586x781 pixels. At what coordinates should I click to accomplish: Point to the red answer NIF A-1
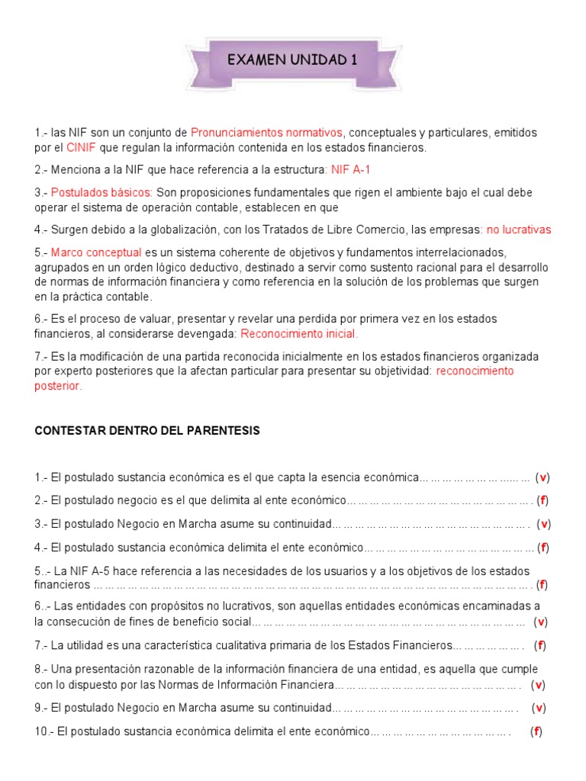point(351,169)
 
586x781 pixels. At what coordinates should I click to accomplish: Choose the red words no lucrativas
point(519,229)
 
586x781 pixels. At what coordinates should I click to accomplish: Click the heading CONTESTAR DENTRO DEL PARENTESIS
point(147,431)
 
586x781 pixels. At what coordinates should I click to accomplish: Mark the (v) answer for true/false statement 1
point(543,477)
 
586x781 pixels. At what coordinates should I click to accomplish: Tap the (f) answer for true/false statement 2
point(543,500)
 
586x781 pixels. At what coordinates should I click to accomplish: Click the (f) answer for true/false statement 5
point(543,585)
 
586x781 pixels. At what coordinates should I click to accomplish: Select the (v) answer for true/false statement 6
point(540,622)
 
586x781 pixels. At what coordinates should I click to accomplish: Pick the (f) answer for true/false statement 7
point(540,645)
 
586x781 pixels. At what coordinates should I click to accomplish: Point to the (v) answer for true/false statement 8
point(538,683)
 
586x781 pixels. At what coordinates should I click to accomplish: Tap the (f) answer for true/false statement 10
point(536,731)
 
